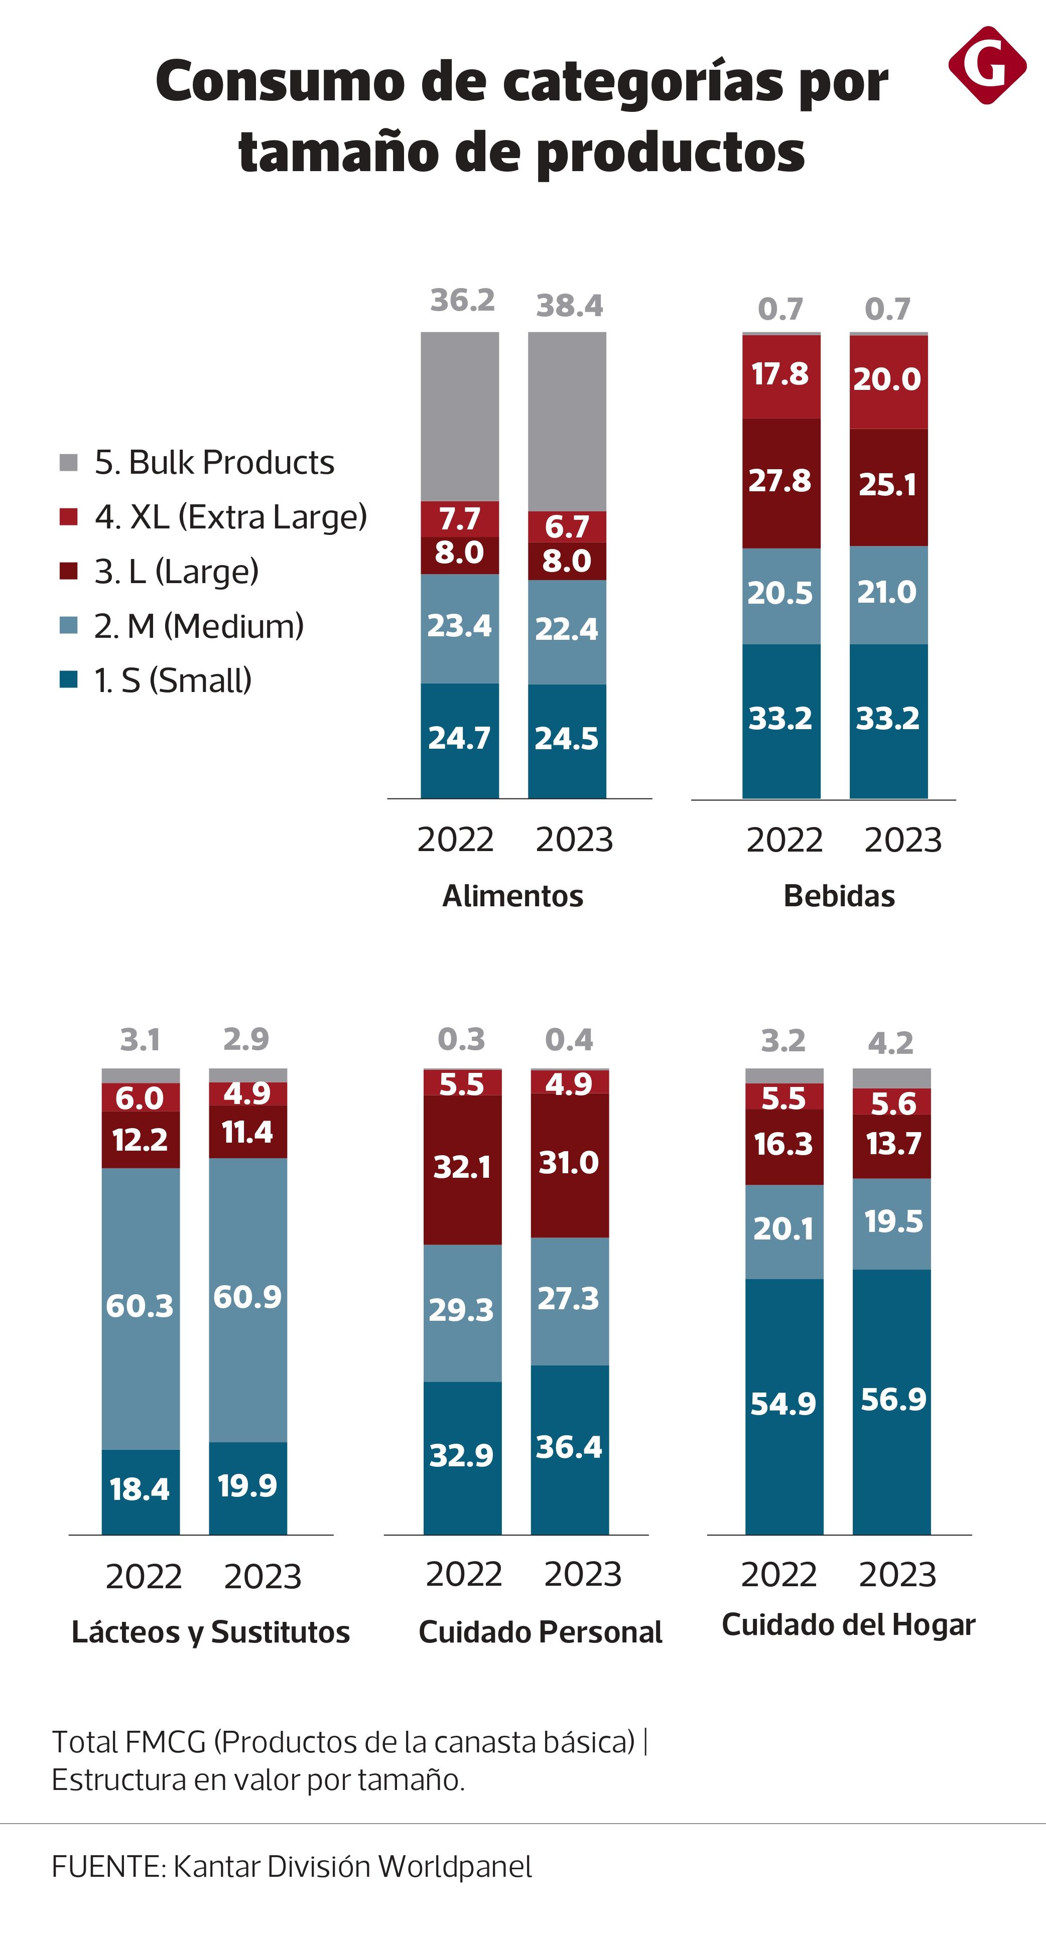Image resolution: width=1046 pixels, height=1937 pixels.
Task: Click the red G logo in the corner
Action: pos(987,65)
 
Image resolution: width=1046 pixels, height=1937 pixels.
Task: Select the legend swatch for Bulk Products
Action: pos(68,463)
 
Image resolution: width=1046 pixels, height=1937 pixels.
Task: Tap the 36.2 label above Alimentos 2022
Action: pos(462,301)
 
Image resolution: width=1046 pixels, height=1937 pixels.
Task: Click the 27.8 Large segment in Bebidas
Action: pos(780,481)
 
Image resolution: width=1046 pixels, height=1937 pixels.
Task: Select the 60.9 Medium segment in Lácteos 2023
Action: pos(247,1297)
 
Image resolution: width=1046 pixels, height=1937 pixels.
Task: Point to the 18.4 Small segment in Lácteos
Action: pos(140,1489)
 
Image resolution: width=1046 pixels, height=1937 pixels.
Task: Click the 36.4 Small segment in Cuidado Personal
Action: pos(569,1448)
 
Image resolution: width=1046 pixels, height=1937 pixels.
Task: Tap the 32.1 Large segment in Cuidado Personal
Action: pos(462,1167)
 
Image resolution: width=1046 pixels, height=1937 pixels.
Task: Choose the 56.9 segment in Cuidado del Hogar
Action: pos(892,1400)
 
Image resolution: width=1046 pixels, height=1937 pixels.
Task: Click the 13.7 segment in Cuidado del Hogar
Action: pos(892,1144)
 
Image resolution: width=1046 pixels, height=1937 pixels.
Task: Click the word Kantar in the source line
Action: pos(216,1866)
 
